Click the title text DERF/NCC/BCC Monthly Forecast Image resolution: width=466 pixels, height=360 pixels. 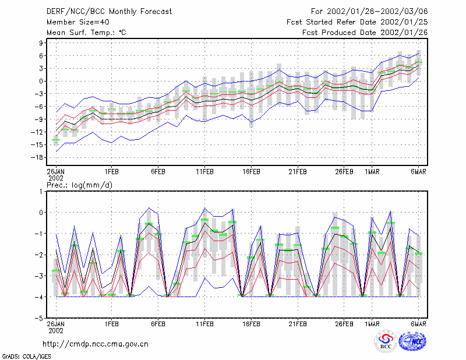109,12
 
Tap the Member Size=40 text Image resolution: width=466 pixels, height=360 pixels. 78,22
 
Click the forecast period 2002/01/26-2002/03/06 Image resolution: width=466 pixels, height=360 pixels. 377,12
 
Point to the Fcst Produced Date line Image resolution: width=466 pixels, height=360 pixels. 365,33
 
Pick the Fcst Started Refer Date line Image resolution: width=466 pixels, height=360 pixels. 357,22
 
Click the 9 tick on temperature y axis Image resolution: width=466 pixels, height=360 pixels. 41,43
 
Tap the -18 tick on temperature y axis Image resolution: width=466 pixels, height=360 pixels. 37,157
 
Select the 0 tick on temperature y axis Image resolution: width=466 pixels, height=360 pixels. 41,81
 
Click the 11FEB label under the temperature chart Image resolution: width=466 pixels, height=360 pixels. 204,172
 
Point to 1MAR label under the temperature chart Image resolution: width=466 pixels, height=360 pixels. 372,172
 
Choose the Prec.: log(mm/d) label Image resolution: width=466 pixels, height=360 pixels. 79,185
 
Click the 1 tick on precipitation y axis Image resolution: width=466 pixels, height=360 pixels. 41,192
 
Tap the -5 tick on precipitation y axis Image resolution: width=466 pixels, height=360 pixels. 39,318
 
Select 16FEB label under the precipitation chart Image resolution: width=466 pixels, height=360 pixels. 251,324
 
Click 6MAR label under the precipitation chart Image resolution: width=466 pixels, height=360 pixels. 418,324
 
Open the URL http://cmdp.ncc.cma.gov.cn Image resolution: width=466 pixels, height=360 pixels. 96,344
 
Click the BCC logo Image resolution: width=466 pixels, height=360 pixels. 386,341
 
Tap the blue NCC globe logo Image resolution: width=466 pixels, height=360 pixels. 412,341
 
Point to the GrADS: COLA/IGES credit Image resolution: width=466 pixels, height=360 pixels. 27,357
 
